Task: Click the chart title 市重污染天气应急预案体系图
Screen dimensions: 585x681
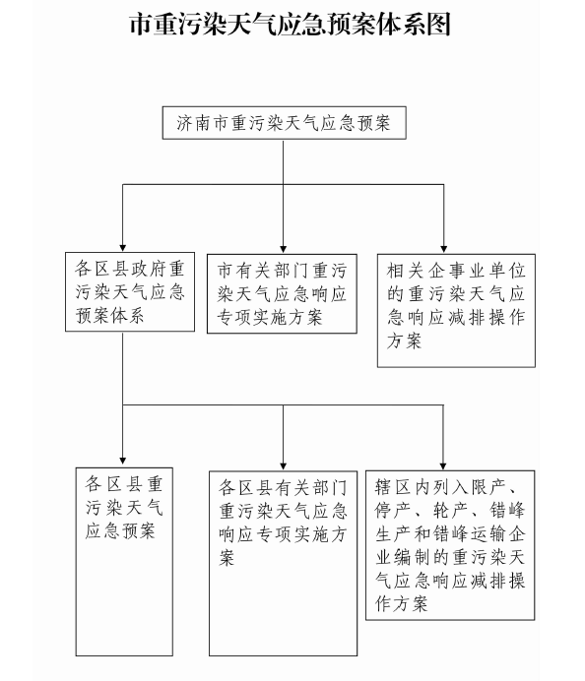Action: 290,24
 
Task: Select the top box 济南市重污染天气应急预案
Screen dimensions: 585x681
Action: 285,123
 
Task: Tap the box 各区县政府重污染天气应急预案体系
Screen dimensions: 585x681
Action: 130,292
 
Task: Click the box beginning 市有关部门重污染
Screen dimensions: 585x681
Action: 282,293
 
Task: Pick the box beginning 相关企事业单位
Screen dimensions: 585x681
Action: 456,311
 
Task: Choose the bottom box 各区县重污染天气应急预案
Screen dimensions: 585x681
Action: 124,562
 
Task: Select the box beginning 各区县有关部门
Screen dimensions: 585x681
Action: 283,563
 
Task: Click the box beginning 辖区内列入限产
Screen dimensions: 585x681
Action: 450,545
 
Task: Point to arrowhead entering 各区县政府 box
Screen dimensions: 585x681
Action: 123,248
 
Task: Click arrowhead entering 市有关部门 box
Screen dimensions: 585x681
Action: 284,249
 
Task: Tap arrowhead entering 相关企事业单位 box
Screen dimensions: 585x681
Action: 444,249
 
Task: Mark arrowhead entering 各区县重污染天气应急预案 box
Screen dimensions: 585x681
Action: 123,461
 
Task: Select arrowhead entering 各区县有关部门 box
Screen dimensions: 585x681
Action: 284,466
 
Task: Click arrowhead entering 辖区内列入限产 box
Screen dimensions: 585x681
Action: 443,466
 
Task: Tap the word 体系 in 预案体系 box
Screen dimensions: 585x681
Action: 127,316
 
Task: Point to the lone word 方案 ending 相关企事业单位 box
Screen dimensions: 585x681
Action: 404,340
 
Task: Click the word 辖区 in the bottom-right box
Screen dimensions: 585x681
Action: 393,487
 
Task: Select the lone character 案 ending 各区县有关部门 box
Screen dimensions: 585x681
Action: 227,558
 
